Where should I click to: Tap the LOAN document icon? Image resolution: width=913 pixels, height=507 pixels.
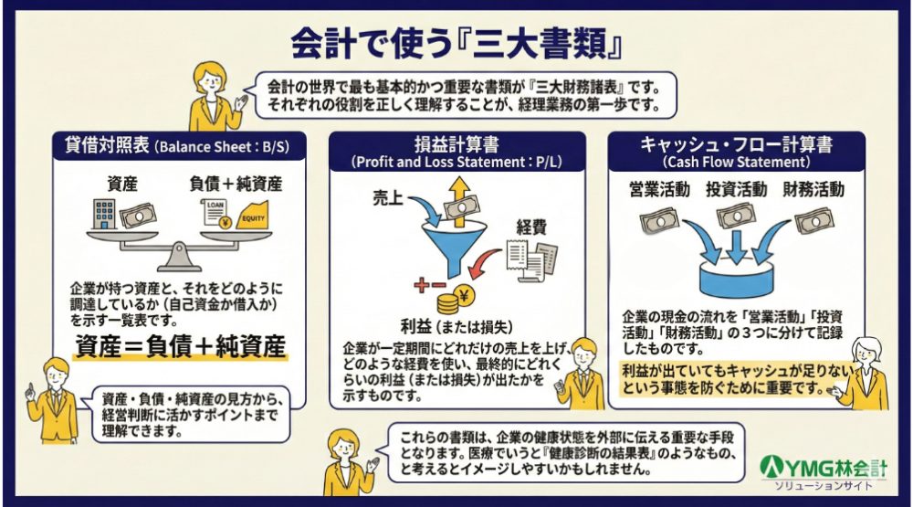(215, 213)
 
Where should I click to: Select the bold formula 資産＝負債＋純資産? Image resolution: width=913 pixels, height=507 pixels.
(181, 348)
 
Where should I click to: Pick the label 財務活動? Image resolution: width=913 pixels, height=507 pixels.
(813, 190)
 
